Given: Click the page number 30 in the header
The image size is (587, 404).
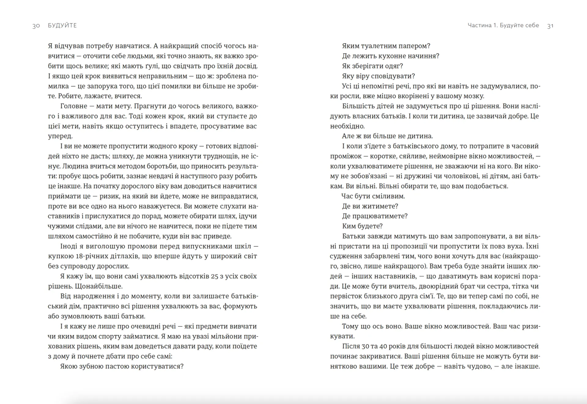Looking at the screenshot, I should pyautogui.click(x=36, y=26).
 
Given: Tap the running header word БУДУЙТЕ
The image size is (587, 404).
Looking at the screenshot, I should pyautogui.click(x=62, y=25).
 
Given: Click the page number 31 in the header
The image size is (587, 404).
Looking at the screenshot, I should pyautogui.click(x=550, y=26).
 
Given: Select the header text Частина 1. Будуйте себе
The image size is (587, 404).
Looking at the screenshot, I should pyautogui.click(x=503, y=25).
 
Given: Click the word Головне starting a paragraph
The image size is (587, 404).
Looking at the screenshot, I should pyautogui.click(x=74, y=106).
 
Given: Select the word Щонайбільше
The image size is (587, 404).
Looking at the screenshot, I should pyautogui.click(x=98, y=286).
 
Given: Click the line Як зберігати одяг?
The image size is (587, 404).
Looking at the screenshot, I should pyautogui.click(x=372, y=66).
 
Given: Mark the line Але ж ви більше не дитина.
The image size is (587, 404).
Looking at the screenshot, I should pyautogui.click(x=387, y=136).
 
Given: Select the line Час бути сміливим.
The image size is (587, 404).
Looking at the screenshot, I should pyautogui.click(x=373, y=196).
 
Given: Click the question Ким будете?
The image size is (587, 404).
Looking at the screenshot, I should pyautogui.click(x=362, y=226).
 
